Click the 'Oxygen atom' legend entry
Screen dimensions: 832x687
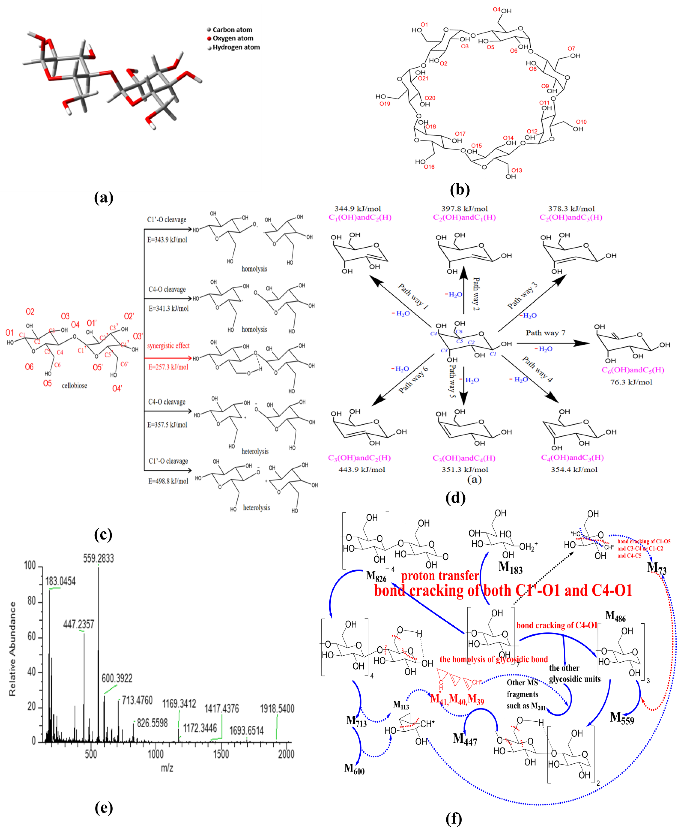(x=233, y=38)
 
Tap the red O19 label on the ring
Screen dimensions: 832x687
(x=385, y=104)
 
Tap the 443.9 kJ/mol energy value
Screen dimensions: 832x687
(x=362, y=470)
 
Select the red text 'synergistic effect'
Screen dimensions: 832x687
(x=169, y=346)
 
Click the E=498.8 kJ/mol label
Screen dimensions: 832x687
(x=168, y=481)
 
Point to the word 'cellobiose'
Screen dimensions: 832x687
(x=74, y=386)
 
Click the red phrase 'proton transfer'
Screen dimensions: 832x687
(x=440, y=576)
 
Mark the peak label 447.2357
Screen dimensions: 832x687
(x=79, y=624)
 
